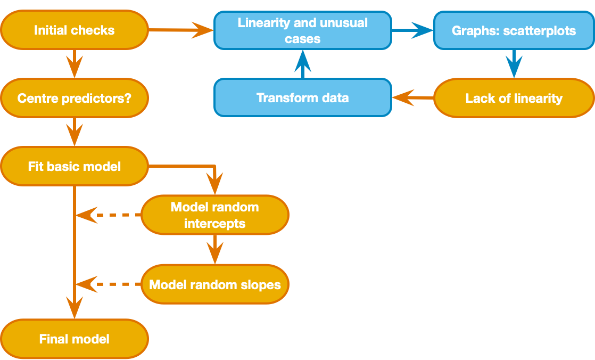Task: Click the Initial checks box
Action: tap(74, 30)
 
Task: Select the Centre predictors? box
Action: tap(74, 98)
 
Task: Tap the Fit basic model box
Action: tap(74, 166)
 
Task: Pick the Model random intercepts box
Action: tap(214, 215)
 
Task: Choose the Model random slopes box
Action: tap(214, 284)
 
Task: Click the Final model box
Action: tap(74, 339)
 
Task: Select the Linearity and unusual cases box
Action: tap(302, 30)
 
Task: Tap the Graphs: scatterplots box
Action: tap(514, 30)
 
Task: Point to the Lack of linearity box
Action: tap(514, 98)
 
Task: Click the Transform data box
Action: tap(302, 98)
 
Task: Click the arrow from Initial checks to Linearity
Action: tap(181, 30)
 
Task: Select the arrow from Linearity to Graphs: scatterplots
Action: tap(413, 30)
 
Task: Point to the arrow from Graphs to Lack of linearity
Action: tap(514, 64)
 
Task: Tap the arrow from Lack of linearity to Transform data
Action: tap(413, 98)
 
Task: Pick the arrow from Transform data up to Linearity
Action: tap(302, 64)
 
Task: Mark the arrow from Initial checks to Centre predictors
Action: tap(74, 64)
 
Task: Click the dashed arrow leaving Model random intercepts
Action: tap(109, 215)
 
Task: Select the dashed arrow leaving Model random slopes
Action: tap(109, 284)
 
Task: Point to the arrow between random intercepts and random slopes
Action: tap(214, 249)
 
